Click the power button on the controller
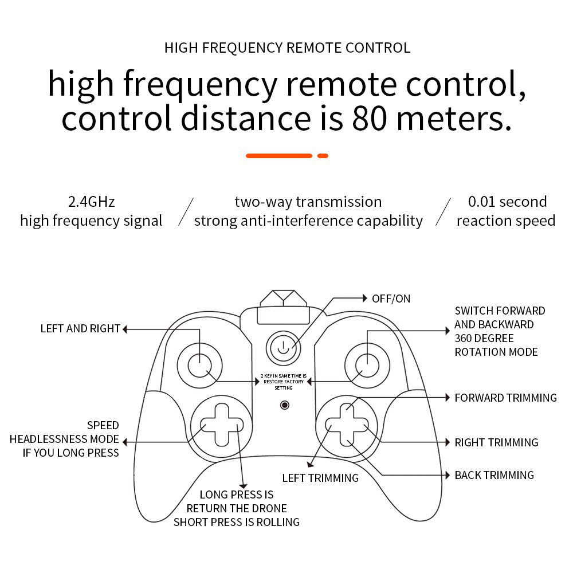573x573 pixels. [283, 348]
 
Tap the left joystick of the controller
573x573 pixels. [199, 365]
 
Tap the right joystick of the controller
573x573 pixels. [367, 365]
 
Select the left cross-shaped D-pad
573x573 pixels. [222, 425]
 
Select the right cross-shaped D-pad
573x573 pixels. [347, 425]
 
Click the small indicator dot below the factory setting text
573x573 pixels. [285, 405]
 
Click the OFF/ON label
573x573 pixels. [391, 299]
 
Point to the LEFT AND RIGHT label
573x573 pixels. [80, 328]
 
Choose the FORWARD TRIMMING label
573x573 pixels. [505, 398]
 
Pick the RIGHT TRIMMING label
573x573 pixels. [496, 442]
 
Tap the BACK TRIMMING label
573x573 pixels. [494, 475]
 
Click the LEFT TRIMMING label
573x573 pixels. [320, 478]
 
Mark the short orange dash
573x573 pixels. [323, 156]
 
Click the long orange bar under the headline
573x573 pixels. [279, 156]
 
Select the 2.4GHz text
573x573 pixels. [91, 202]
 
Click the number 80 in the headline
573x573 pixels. [369, 119]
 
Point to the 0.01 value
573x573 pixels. [481, 202]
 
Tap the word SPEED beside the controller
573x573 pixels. [103, 425]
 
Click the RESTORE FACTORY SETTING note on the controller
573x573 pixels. [284, 382]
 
